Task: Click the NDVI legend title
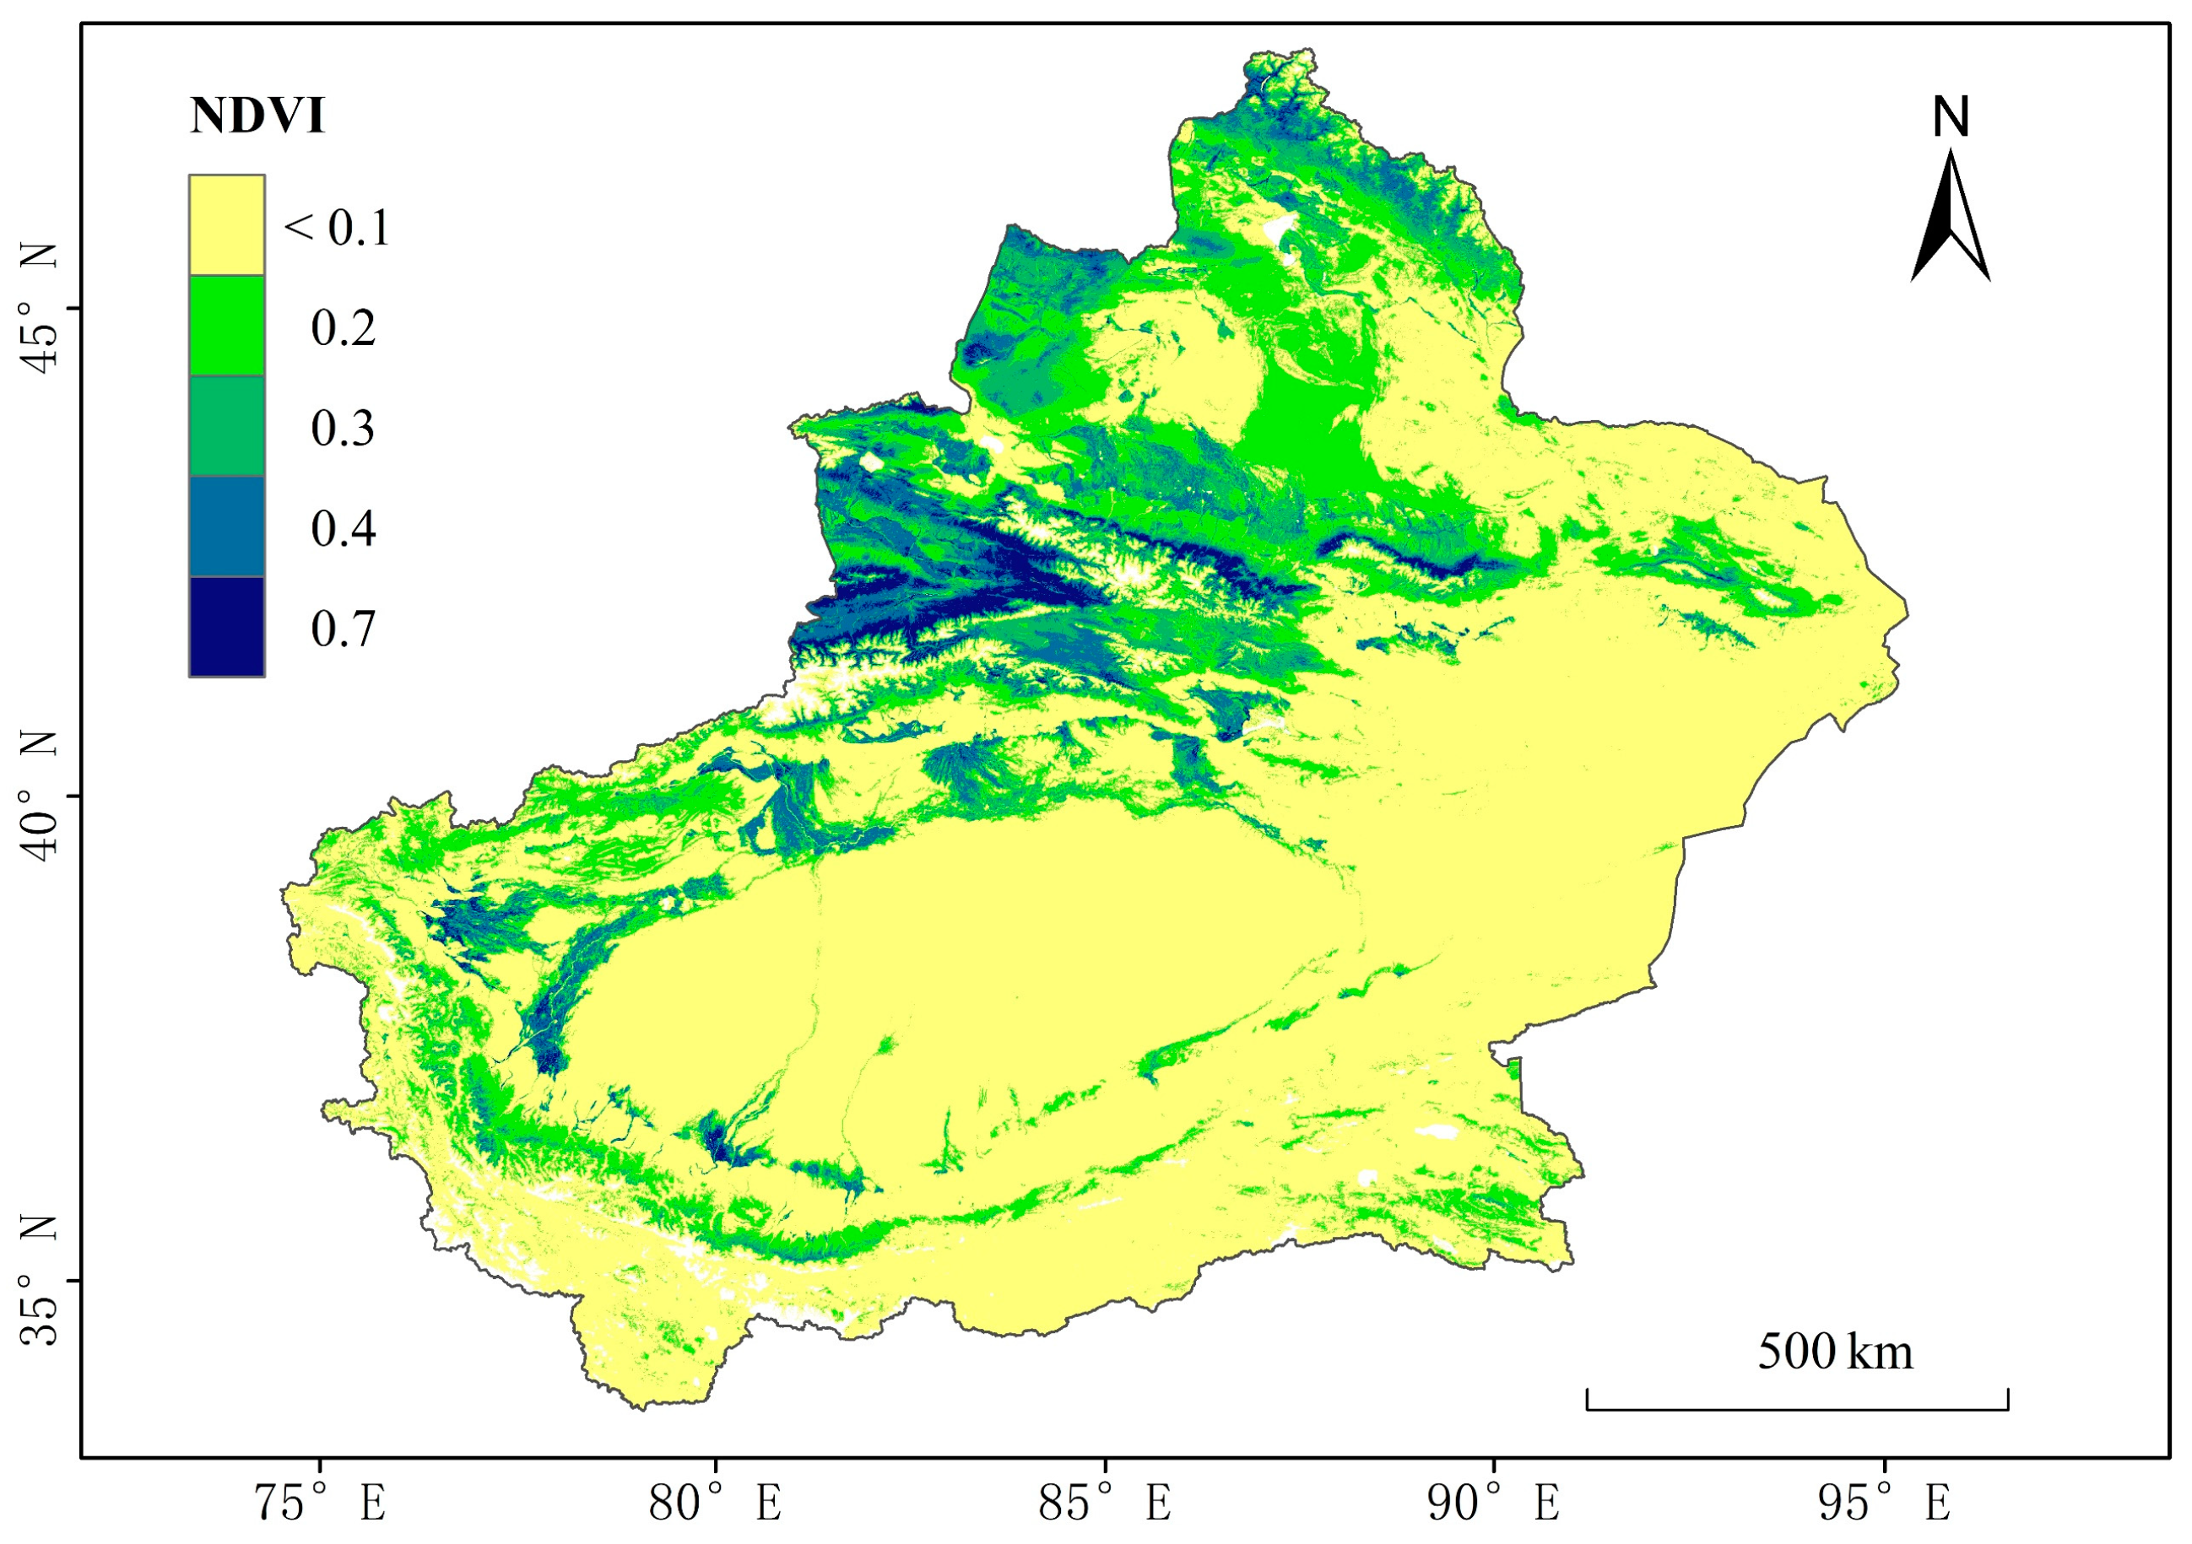pos(257,116)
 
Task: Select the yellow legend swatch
pos(226,224)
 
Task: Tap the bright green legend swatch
pos(226,326)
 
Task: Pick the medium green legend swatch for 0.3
pos(226,425)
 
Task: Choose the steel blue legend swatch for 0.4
pos(226,526)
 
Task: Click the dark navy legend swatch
pos(226,627)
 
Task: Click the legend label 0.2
pos(344,327)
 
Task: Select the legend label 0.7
pos(344,629)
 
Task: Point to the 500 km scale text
pos(1835,1352)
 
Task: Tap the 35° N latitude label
pos(41,1281)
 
